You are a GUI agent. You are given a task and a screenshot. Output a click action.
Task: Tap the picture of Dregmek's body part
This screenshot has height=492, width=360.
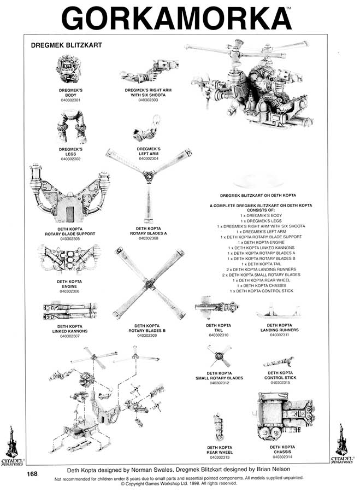click(x=70, y=70)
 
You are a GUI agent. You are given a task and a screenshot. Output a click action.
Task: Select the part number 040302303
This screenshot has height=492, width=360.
click(x=148, y=100)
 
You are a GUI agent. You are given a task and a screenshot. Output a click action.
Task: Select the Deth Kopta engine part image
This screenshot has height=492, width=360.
click(x=69, y=259)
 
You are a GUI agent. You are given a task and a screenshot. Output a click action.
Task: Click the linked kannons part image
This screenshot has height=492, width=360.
click(x=69, y=311)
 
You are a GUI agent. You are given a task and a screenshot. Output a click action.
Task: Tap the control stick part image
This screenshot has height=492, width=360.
click(x=279, y=361)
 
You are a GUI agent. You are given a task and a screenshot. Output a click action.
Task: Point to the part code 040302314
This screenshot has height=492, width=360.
click(x=282, y=456)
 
